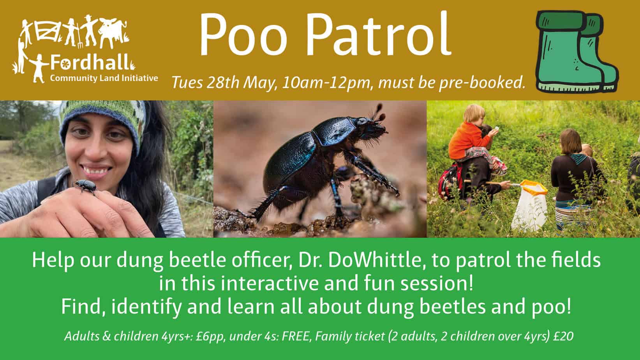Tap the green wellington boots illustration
tap(577, 52)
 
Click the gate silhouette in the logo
tap(48, 31)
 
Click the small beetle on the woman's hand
tap(86, 186)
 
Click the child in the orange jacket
tap(471, 140)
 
